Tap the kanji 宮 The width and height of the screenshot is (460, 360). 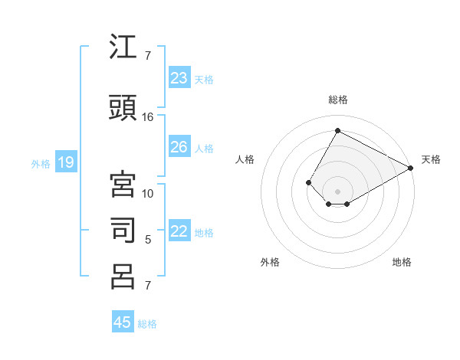[123, 185]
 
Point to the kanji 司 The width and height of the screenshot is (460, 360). [123, 230]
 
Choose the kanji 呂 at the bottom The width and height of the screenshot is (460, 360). [123, 277]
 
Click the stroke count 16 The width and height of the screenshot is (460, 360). [148, 117]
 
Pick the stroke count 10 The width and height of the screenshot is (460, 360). [148, 193]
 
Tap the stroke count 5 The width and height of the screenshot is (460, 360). [148, 240]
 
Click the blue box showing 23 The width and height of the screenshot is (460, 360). [179, 78]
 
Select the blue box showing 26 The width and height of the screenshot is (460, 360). [179, 147]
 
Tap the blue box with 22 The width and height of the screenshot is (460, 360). [179, 232]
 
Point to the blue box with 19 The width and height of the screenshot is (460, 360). [65, 162]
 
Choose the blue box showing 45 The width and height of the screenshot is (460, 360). [123, 322]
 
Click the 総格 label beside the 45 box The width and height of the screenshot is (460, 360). [147, 324]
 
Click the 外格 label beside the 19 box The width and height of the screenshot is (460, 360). [41, 163]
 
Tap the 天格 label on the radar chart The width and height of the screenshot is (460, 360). [431, 159]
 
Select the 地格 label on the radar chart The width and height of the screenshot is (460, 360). [402, 262]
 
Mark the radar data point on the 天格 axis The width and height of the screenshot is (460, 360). [410, 168]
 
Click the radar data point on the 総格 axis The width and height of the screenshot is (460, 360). [337, 131]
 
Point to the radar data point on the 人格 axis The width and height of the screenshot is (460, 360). [309, 182]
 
